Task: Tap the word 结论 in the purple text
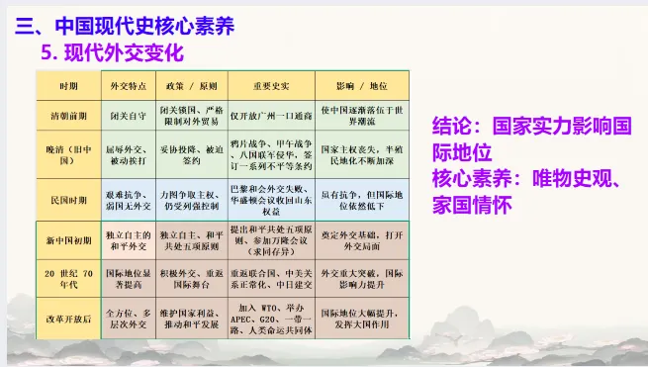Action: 454,127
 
